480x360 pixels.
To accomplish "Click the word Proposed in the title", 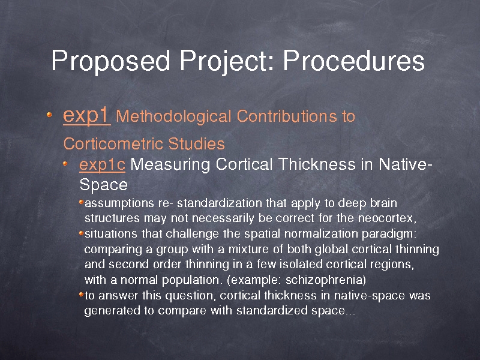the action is click(110, 61).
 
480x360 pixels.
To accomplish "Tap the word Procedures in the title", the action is click(354, 61).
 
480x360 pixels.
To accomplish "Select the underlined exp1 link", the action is click(86, 116).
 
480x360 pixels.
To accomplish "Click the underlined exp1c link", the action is click(102, 165).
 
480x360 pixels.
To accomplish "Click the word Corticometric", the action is click(113, 143).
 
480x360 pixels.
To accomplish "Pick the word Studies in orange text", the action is click(197, 143).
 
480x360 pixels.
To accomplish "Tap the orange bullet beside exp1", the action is click(49, 115).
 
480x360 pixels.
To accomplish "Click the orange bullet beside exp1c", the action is click(65, 164).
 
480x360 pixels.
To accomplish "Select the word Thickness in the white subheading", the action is click(317, 164).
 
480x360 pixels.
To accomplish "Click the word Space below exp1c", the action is click(103, 185).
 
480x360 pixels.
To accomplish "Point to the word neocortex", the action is click(387, 218).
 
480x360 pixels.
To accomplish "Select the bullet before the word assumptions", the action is click(81, 202).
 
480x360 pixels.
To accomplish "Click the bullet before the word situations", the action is click(81, 233).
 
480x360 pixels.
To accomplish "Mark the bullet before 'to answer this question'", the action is click(81, 295).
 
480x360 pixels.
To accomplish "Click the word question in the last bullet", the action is click(191, 296).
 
